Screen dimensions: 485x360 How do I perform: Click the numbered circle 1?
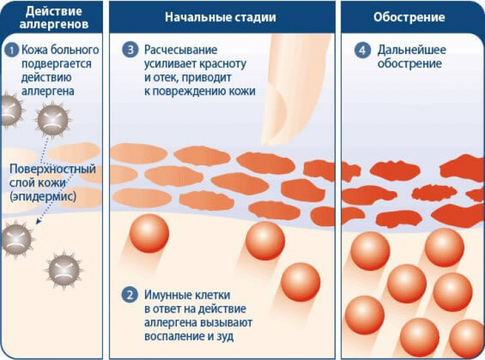pos(12,50)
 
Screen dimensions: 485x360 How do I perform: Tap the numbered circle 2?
pos(130,295)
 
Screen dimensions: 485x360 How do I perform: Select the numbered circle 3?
pos(130,49)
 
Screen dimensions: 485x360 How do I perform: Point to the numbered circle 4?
pos(362,49)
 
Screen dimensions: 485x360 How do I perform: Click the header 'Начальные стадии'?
pos(220,17)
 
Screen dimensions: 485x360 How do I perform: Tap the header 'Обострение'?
pos(409,17)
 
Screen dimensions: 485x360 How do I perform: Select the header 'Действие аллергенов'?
pos(54,18)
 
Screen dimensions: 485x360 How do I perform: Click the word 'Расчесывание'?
pos(181,49)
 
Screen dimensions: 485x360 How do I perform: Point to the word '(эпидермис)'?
pos(43,196)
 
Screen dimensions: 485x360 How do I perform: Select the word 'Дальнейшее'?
pos(411,49)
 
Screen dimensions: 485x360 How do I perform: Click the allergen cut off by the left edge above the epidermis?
pos(11,111)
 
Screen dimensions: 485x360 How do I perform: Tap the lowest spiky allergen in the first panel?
pos(64,270)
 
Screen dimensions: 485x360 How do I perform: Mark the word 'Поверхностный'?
pos(53,169)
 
